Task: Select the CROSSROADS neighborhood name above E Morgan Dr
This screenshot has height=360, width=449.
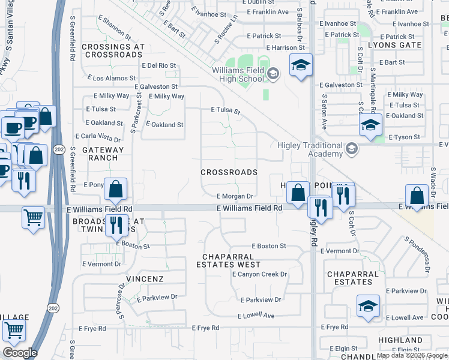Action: [229, 172]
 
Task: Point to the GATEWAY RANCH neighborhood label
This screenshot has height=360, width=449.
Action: [103, 154]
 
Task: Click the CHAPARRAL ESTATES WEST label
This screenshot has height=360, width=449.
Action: [232, 260]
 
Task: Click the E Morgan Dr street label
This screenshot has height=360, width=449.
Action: [236, 196]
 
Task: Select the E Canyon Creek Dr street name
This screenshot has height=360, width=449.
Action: [260, 274]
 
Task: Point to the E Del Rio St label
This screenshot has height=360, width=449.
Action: [159, 65]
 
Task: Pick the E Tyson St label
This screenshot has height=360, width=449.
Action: [403, 137]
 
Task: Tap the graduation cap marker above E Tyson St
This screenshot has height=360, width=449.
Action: [371, 125]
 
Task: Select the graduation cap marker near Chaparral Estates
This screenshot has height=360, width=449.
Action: [368, 305]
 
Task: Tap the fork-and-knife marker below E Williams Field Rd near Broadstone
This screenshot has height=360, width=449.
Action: [116, 225]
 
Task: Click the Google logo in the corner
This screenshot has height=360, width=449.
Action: [20, 353]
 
